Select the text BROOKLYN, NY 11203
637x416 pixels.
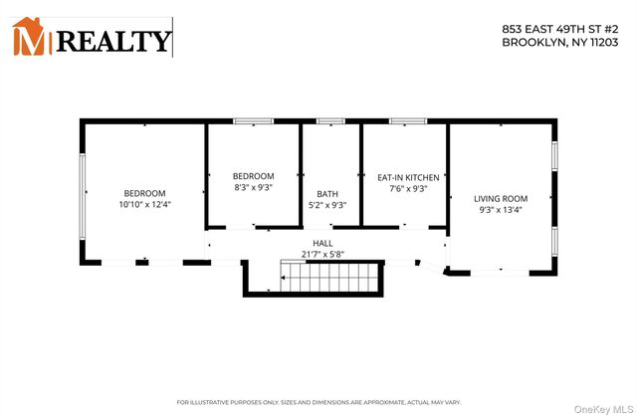click(565, 43)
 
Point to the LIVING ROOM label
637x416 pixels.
click(500, 198)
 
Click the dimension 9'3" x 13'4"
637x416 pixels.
click(500, 210)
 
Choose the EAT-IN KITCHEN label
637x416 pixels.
click(402, 176)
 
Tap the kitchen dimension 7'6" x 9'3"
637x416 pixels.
click(402, 188)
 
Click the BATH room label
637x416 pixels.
click(327, 194)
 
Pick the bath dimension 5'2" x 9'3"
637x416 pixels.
click(327, 205)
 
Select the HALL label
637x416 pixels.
click(322, 243)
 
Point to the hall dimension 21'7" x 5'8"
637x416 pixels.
click(322, 254)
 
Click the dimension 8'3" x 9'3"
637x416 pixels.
click(253, 188)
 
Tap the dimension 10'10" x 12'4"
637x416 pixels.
click(144, 205)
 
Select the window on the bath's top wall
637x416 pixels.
click(329, 121)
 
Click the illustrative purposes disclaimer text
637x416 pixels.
click(318, 401)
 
